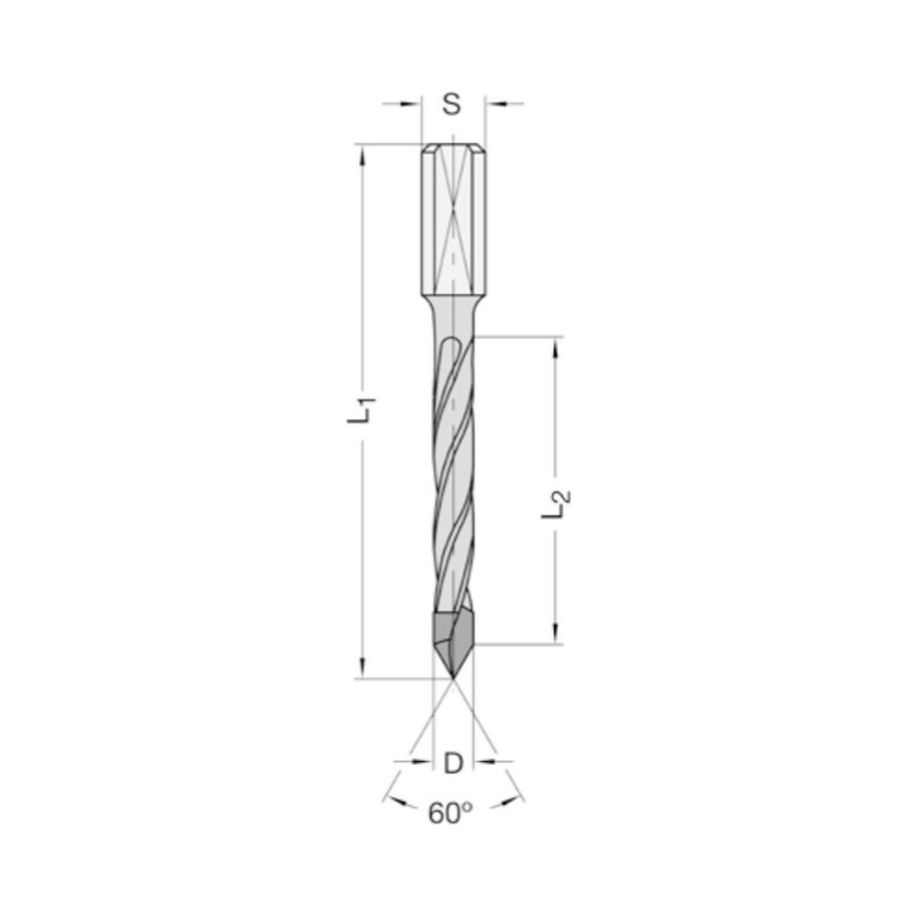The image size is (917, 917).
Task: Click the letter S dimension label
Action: point(451,104)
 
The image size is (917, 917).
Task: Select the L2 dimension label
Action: point(557,503)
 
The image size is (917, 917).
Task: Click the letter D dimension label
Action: point(452,762)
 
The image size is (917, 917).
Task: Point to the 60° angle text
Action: point(450,813)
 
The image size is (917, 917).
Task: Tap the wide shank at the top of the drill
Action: point(453,220)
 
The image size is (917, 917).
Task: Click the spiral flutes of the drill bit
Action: point(452,477)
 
